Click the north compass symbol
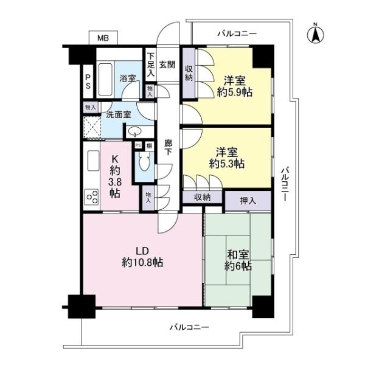click(x=315, y=35)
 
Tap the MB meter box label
click(x=103, y=38)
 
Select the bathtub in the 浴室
click(x=105, y=79)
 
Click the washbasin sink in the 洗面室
click(x=134, y=131)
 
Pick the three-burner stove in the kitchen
click(x=92, y=196)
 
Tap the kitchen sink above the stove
click(x=94, y=161)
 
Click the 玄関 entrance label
click(x=167, y=64)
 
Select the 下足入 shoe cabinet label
click(x=151, y=64)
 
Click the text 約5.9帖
click(x=235, y=92)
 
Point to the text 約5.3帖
click(x=227, y=164)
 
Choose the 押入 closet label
click(x=248, y=201)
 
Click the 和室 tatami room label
click(x=238, y=255)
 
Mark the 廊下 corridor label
click(x=169, y=147)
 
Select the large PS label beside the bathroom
click(x=88, y=82)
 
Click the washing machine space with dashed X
click(x=92, y=127)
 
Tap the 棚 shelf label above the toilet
click(x=149, y=146)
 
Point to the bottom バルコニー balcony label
click(x=189, y=327)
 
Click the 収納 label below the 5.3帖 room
click(x=203, y=197)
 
